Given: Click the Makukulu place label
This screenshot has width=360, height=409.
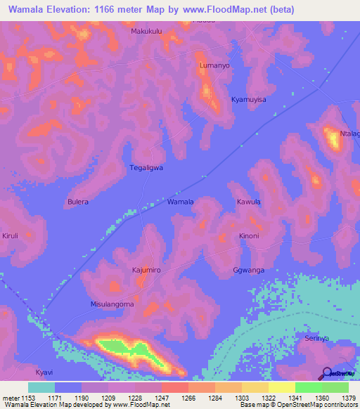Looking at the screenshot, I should pos(146,32).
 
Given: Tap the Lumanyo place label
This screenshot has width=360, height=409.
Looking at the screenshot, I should pos(214,65).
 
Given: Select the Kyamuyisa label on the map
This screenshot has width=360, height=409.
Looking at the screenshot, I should pos(249,100).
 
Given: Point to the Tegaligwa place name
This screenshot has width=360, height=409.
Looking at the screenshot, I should pos(146,168).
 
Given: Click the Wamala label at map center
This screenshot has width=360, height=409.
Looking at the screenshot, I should pos(180,202).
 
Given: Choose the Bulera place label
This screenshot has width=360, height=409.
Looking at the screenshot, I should pos(77,202).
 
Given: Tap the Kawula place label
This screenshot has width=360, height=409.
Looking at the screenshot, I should pos(249,202).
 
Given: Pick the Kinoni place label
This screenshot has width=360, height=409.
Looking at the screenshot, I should pos(249,235).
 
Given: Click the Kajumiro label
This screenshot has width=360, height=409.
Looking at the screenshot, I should pos(146,270).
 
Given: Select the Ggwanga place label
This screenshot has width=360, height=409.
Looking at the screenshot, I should pos(248,270).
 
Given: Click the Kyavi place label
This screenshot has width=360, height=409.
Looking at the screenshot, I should pos(44,372).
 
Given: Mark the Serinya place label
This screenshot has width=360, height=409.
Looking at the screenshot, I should pos(317,338).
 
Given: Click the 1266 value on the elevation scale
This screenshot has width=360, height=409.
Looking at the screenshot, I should pos(188,398).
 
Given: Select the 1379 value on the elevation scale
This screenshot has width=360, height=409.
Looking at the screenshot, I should pos(349,398).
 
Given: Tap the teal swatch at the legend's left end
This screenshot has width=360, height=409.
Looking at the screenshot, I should pos(41,387).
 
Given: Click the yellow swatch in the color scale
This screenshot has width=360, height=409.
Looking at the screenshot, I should pos(281,387).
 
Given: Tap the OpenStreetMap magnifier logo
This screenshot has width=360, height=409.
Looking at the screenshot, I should pos(328,373).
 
